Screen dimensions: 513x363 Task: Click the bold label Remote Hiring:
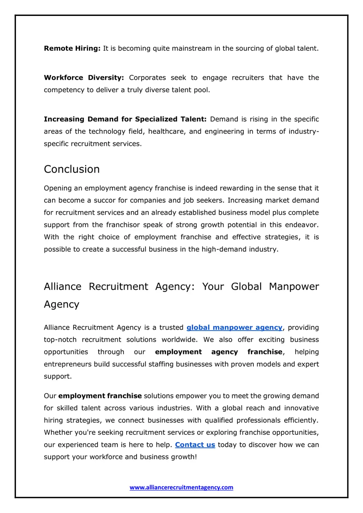(x=72, y=49)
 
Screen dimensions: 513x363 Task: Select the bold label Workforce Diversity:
(x=84, y=78)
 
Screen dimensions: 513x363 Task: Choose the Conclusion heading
(x=72, y=169)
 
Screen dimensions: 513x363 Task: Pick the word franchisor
(x=123, y=225)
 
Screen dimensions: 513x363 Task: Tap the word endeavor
(x=302, y=225)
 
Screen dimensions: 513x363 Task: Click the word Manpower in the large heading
(x=294, y=286)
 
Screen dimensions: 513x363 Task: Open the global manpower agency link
(x=234, y=327)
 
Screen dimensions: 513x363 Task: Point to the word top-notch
(x=60, y=340)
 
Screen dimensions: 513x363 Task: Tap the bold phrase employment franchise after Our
(x=100, y=396)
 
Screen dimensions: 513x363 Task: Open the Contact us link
(x=195, y=445)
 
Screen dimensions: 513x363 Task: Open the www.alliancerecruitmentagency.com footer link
(x=181, y=488)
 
